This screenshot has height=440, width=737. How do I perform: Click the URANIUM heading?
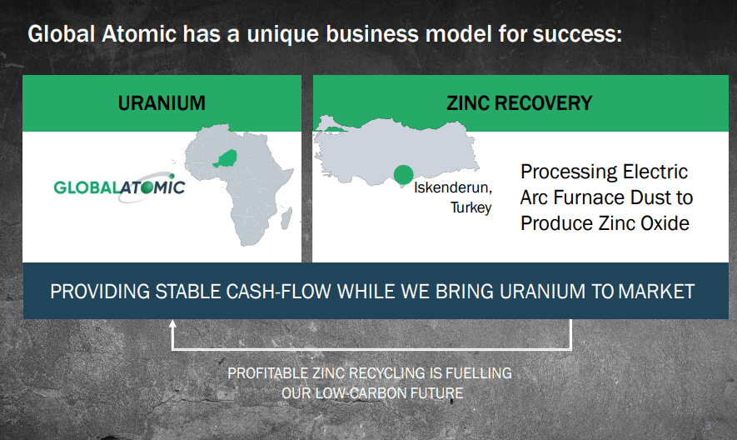[162, 103]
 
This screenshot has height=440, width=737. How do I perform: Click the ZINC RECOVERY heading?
[520, 103]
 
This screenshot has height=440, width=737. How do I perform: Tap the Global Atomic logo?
[119, 187]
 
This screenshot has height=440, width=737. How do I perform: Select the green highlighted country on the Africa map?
[225, 158]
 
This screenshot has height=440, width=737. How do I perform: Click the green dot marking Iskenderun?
[403, 175]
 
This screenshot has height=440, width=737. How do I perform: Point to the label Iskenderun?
[453, 187]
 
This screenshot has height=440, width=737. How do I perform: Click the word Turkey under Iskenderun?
[471, 207]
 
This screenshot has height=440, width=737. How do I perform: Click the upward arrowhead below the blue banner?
[172, 324]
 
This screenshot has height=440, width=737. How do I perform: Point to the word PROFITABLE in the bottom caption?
[267, 373]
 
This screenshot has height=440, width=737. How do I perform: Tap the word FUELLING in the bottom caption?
[479, 373]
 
